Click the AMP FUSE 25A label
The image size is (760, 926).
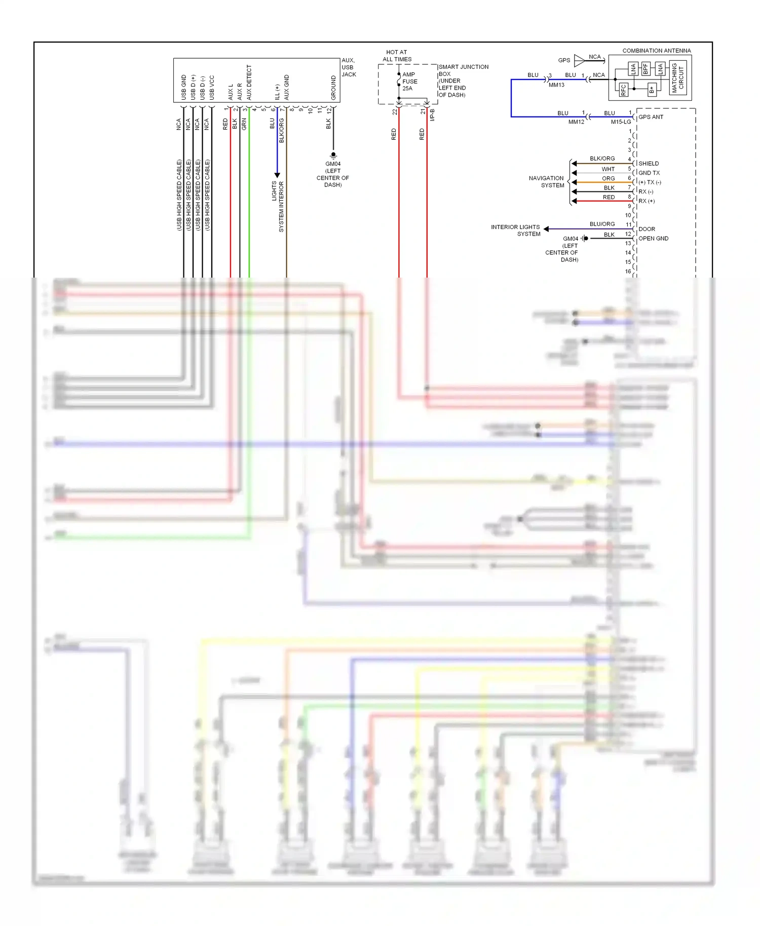(x=409, y=81)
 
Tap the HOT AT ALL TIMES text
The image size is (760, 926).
(x=397, y=56)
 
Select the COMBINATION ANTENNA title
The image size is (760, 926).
(x=656, y=51)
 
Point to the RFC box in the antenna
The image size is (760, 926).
(x=623, y=90)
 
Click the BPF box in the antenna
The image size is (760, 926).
(x=645, y=68)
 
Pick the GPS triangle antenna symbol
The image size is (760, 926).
(x=579, y=60)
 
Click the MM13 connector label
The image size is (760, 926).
(x=556, y=85)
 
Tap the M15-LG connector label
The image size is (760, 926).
(x=621, y=122)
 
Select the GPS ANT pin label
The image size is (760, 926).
(x=651, y=117)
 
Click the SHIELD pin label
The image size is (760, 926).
(x=649, y=164)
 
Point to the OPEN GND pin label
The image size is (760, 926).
(x=653, y=239)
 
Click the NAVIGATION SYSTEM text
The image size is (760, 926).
(x=546, y=182)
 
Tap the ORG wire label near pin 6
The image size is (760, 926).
(x=608, y=179)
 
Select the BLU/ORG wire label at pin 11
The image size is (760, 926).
(x=602, y=224)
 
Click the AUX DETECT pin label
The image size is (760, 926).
(x=249, y=82)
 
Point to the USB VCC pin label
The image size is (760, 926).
(x=212, y=87)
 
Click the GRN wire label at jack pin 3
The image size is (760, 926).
(x=244, y=124)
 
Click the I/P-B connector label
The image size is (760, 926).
(x=432, y=115)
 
